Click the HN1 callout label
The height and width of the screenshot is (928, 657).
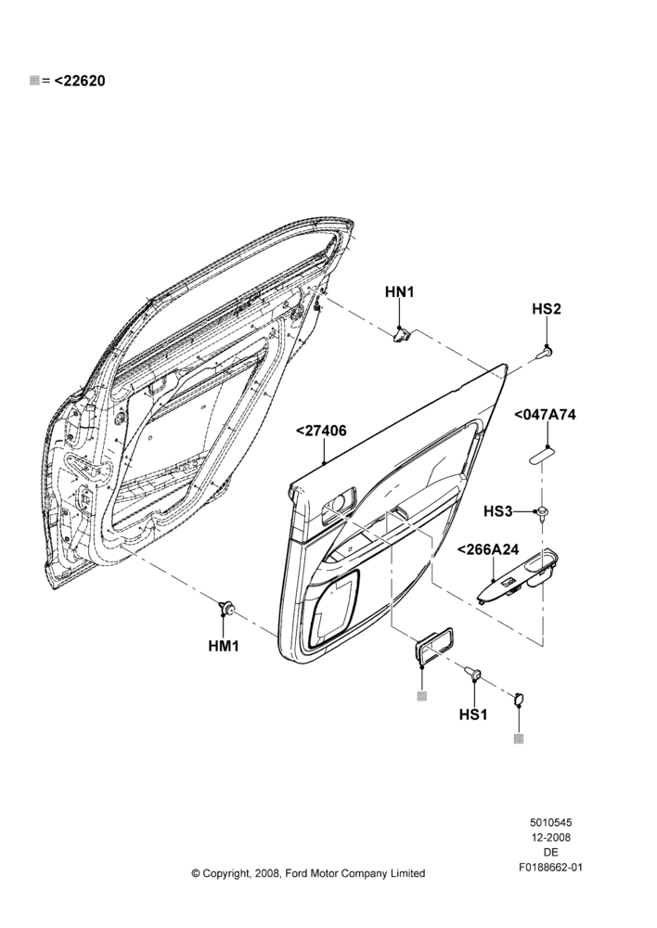[400, 291]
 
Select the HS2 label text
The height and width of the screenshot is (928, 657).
[547, 309]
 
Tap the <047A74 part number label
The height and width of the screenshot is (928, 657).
[545, 414]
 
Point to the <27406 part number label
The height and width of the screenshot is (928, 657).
[321, 431]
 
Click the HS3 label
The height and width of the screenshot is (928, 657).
[497, 510]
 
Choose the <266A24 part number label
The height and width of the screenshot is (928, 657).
[488, 549]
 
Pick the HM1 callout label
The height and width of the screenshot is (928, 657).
[223, 646]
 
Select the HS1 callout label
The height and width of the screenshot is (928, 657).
[473, 715]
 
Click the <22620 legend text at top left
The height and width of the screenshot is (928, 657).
[80, 81]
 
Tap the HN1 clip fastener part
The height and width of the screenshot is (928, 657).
[403, 336]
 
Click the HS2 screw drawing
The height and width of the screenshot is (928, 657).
[546, 353]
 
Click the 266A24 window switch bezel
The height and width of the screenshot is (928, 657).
[522, 577]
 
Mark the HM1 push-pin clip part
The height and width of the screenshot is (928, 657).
[226, 607]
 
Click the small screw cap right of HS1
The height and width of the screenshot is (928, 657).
[519, 700]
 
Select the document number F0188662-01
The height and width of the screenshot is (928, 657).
[550, 868]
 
